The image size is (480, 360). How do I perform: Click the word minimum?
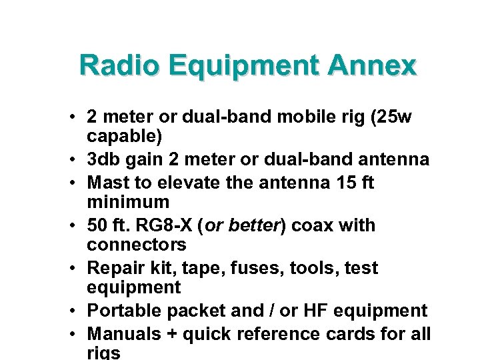point(128,201)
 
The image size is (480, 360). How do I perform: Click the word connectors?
point(137,245)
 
